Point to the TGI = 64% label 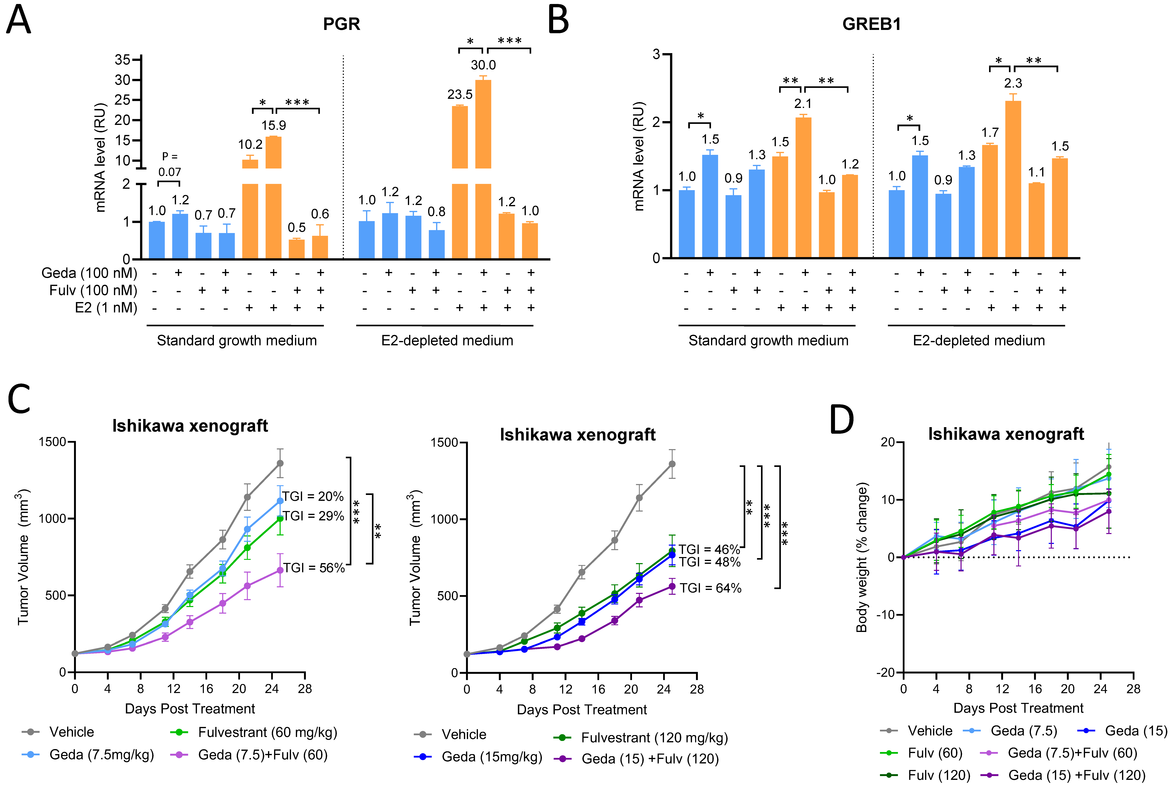click(710, 588)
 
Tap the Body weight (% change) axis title click(862, 557)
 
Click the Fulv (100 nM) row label click(93, 290)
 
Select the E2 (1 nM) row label click(105, 308)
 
